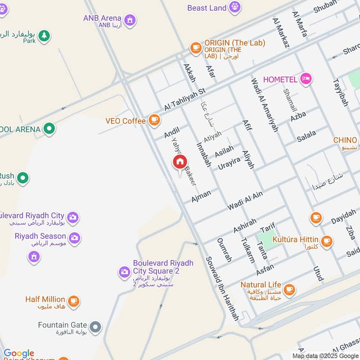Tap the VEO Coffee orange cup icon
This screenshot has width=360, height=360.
point(154,120)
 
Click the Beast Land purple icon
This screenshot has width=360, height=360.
point(234,7)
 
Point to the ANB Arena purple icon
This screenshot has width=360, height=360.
point(130,20)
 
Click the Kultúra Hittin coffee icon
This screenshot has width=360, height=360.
point(327,241)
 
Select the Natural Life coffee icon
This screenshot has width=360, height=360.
point(289,290)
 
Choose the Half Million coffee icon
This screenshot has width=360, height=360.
point(74,301)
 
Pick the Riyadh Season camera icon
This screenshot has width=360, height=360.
point(75,238)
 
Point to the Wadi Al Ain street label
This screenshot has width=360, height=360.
point(245,200)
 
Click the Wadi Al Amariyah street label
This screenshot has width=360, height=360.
point(264,105)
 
